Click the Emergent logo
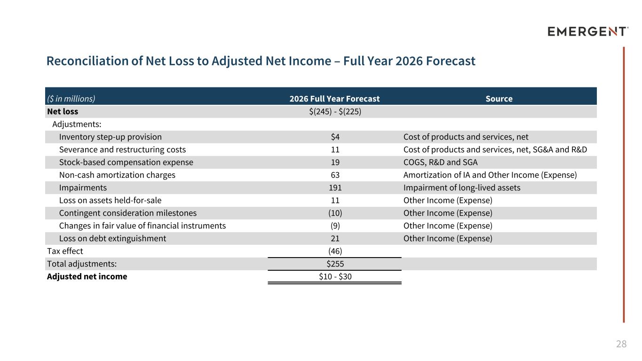click(588, 31)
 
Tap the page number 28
click(621, 344)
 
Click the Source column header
click(499, 99)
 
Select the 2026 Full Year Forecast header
click(334, 99)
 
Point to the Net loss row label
click(63, 111)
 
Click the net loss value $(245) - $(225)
click(335, 111)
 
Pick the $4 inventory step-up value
click(335, 137)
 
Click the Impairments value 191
click(335, 188)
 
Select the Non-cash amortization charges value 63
click(335, 175)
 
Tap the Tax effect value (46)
click(335, 251)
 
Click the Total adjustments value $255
click(335, 264)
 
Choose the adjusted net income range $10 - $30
click(335, 276)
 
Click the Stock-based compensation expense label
click(126, 163)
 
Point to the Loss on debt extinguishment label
click(112, 238)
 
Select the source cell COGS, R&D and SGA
click(441, 163)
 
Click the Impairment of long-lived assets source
click(462, 188)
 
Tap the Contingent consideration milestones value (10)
click(335, 213)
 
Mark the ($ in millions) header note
click(71, 99)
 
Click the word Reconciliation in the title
click(87, 61)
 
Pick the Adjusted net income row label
click(87, 276)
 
